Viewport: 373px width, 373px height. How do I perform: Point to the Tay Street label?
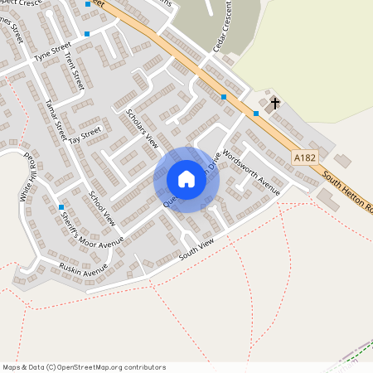[x=85, y=133]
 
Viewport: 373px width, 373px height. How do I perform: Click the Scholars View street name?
[x=141, y=128]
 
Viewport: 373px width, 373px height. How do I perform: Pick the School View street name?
[x=101, y=209]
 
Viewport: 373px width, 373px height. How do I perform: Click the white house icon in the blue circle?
[x=186, y=179]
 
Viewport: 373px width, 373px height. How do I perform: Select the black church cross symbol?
[x=275, y=104]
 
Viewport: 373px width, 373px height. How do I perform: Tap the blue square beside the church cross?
[x=256, y=113]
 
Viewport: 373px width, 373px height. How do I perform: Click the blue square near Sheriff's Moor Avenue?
[x=61, y=207]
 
